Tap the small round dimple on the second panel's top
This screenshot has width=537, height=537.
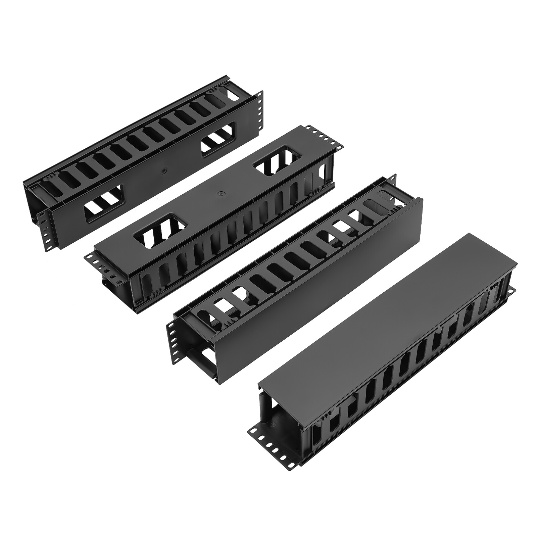(221, 194)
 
